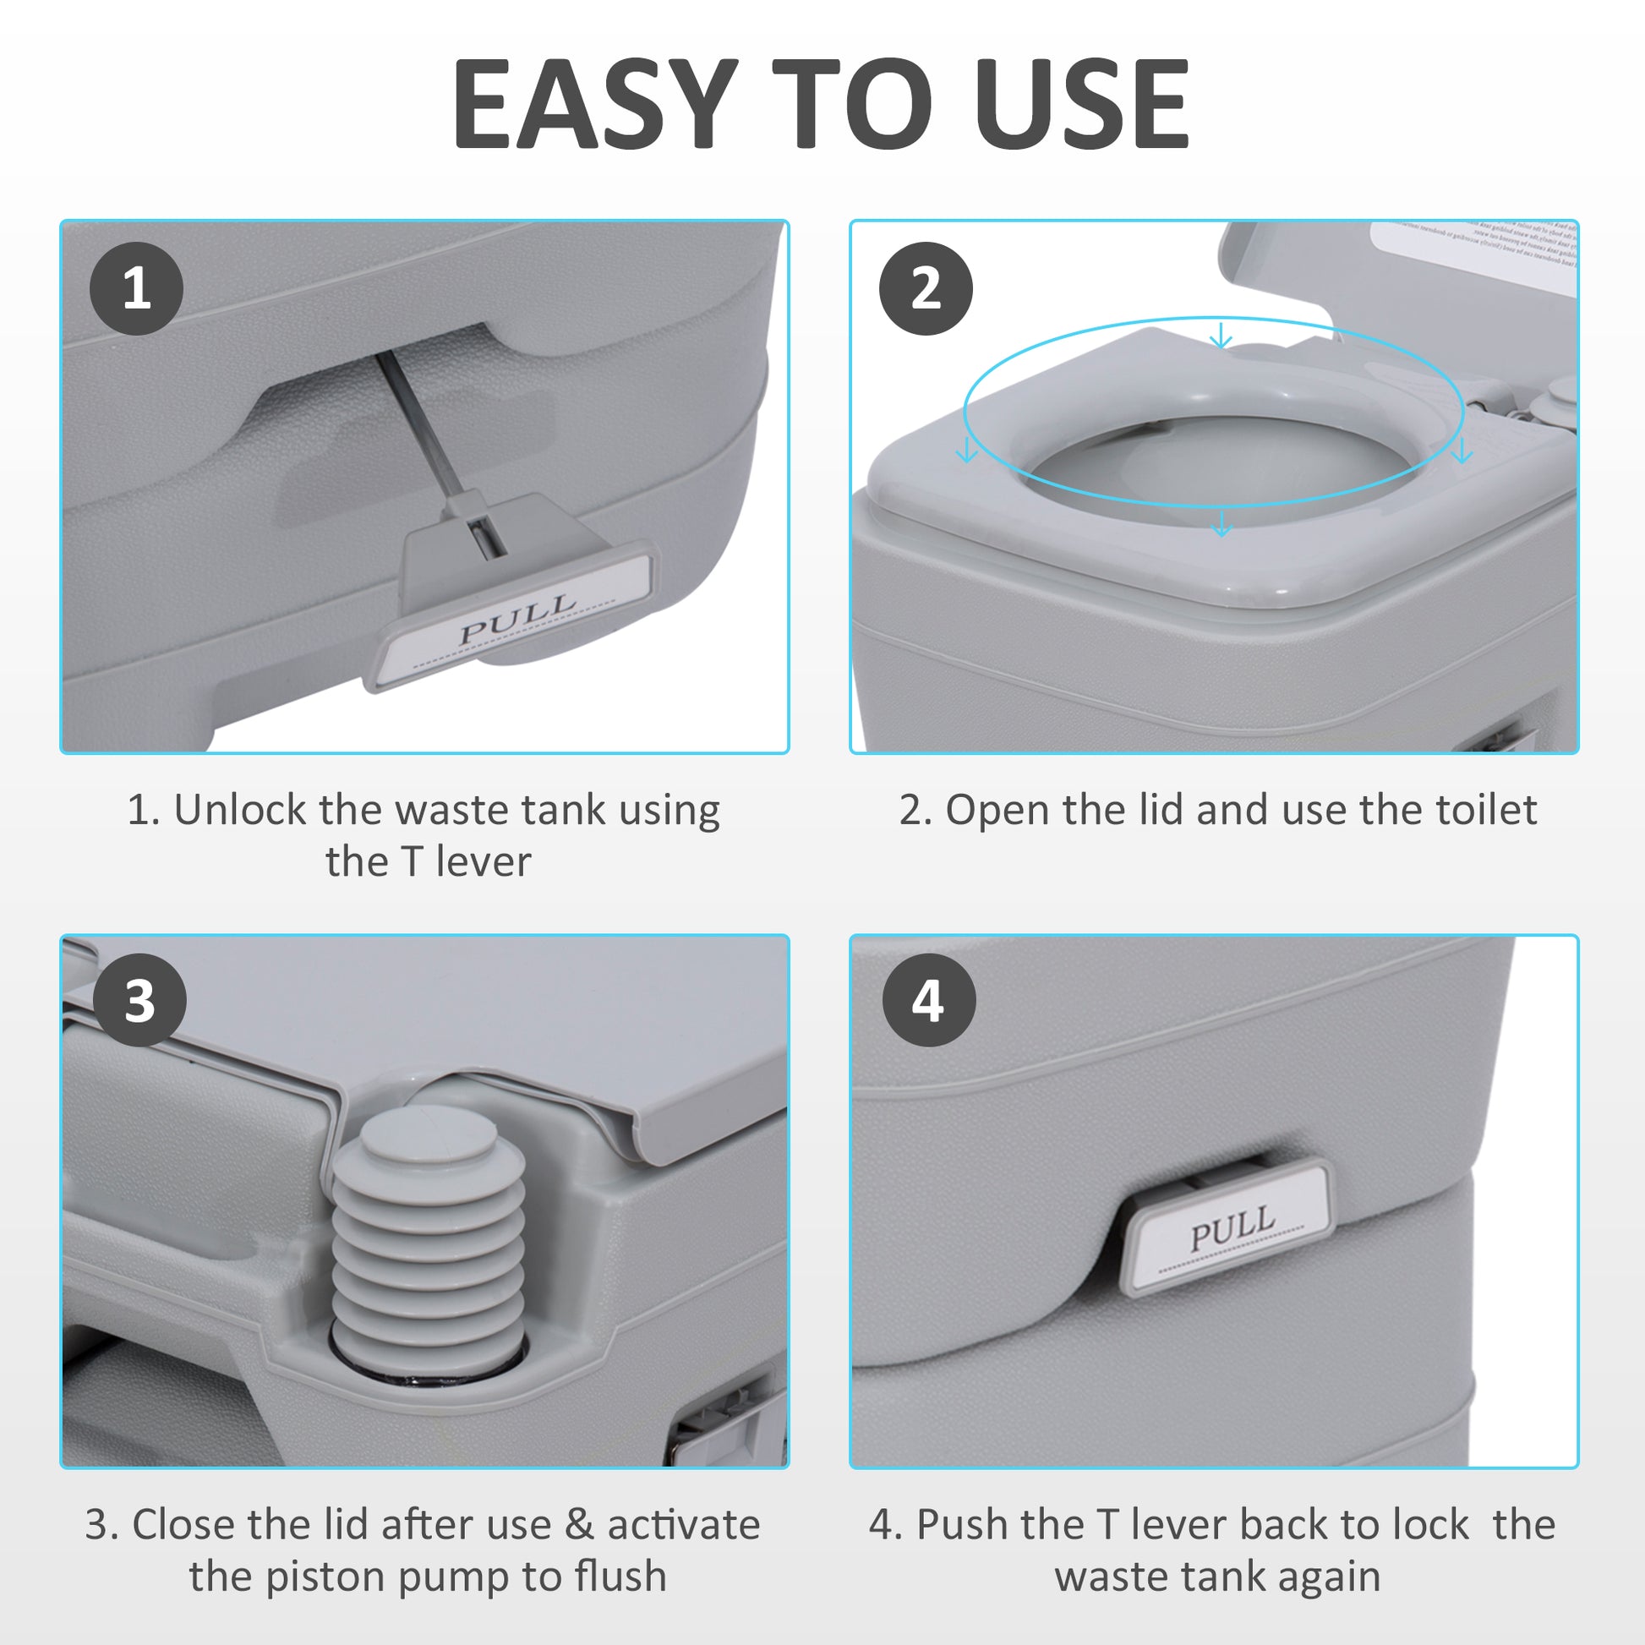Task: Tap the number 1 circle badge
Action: point(136,287)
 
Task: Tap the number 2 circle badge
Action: point(926,287)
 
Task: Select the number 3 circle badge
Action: point(139,1001)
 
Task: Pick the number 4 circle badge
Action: point(928,1001)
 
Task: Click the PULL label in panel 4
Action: point(1232,1226)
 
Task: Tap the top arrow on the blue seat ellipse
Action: point(1221,336)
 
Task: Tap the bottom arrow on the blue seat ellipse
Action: point(1221,523)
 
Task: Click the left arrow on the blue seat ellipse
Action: point(966,450)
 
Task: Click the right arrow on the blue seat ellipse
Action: point(1462,450)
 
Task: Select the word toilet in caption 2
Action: point(1486,810)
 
